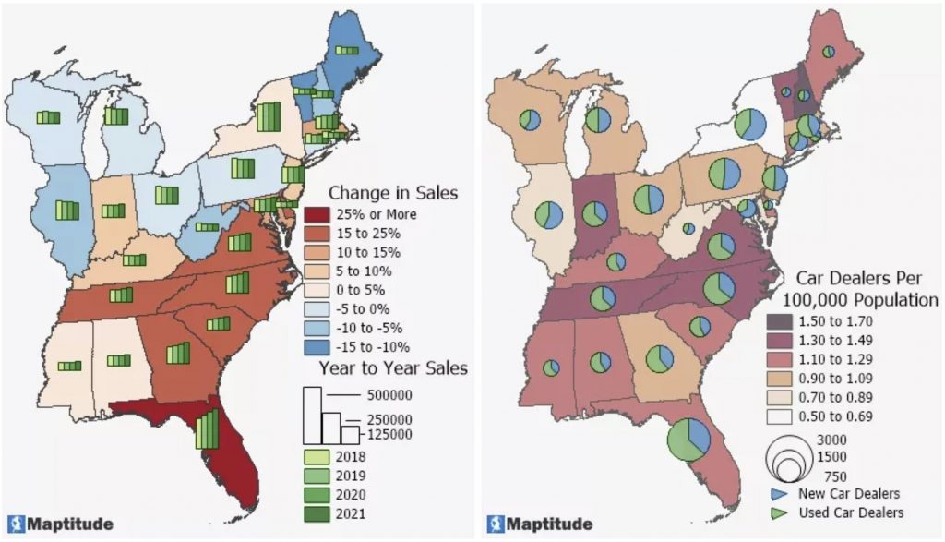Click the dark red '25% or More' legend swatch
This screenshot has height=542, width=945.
click(x=316, y=215)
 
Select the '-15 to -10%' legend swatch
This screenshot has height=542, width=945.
click(x=316, y=347)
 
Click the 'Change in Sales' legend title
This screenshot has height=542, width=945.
click(x=394, y=193)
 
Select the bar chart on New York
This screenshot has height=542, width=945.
click(x=268, y=118)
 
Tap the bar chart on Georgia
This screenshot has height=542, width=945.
click(x=176, y=354)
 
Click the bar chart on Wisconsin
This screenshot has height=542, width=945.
click(x=48, y=116)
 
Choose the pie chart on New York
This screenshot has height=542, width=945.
click(x=752, y=125)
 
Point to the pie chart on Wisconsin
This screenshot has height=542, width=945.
click(x=530, y=119)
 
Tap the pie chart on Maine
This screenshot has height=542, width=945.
click(x=829, y=52)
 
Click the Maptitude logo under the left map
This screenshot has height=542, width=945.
click(x=61, y=524)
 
